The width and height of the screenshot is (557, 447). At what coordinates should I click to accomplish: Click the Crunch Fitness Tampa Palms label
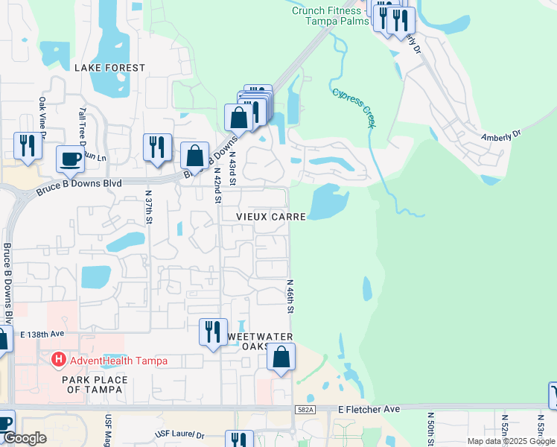click(x=327, y=16)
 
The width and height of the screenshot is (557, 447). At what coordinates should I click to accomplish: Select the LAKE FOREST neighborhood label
click(x=109, y=68)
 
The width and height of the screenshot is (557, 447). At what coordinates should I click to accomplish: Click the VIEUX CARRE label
click(x=271, y=216)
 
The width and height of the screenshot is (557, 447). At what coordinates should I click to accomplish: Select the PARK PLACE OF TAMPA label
click(x=95, y=384)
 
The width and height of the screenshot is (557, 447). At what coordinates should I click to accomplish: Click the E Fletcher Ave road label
click(x=369, y=409)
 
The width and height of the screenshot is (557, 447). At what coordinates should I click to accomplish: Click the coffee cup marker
click(x=70, y=159)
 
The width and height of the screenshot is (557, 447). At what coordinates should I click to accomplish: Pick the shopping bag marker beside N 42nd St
click(x=194, y=156)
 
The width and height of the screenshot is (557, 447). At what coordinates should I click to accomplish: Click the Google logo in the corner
click(x=25, y=439)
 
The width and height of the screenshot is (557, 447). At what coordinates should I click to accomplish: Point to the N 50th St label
click(x=430, y=428)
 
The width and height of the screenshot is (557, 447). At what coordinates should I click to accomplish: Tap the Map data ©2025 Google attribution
click(x=511, y=441)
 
